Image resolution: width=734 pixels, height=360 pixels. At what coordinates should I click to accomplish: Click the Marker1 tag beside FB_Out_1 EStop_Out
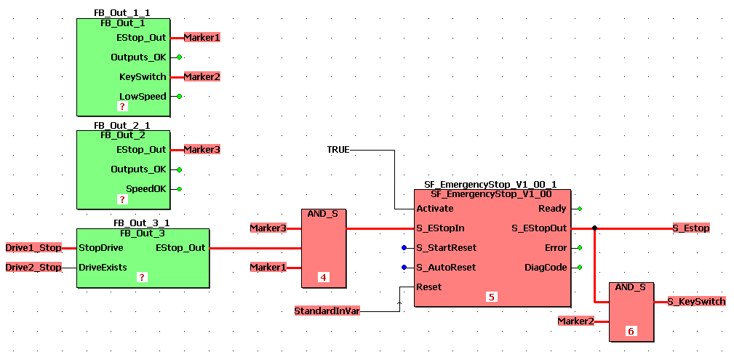coord(202,37)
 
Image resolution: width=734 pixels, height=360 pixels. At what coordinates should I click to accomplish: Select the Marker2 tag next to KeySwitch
coord(202,76)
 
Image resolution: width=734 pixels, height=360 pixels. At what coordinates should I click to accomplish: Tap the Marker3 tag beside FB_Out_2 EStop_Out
coord(202,149)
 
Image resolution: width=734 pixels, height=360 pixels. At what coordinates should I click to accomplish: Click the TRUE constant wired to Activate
coord(338,149)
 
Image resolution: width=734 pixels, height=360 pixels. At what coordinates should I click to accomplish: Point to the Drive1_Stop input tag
coord(33,247)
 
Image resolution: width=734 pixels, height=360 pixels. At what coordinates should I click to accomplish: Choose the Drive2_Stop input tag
coord(33,267)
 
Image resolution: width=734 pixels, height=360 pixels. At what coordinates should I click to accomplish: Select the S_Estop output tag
coord(691,228)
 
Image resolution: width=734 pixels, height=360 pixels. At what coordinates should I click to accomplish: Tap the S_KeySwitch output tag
coord(696,301)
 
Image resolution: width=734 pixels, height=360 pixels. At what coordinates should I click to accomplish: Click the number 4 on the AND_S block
coord(324,277)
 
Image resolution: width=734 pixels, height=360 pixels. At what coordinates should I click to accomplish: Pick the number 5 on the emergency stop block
coord(492,297)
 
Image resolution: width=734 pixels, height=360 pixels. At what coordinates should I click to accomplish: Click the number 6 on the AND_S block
coord(631,331)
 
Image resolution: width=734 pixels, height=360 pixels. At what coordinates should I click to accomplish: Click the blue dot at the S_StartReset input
coord(404,248)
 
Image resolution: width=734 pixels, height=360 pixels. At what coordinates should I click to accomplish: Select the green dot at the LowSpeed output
coord(179,96)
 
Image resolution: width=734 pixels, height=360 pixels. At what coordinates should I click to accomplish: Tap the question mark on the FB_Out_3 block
coord(142,277)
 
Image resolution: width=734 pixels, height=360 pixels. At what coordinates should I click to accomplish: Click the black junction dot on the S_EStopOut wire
coord(595,228)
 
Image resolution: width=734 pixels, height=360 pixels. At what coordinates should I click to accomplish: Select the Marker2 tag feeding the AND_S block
coord(576,321)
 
